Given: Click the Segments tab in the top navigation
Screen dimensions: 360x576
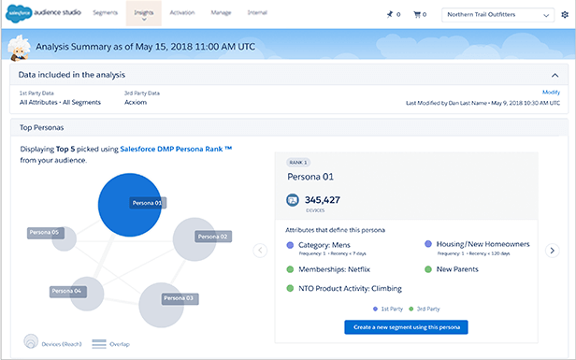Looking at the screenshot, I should click(x=106, y=13).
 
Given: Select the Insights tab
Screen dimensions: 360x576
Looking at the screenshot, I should click(x=144, y=13).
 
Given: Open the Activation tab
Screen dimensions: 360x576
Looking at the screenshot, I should click(x=182, y=13).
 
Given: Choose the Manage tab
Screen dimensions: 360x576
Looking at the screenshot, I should click(x=221, y=13).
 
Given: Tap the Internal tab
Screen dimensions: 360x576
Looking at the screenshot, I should click(x=257, y=13).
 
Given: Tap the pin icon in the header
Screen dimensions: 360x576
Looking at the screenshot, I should click(x=389, y=15).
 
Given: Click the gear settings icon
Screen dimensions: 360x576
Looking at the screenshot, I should click(x=565, y=15).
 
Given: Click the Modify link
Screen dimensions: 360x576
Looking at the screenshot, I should click(x=550, y=92).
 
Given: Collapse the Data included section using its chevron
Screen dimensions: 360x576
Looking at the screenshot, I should click(x=554, y=75).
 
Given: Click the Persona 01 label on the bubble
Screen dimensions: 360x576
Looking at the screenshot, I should click(x=146, y=202).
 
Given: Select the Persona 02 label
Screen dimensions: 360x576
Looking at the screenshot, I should click(x=212, y=237).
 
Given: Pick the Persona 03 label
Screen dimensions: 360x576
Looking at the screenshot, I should click(x=177, y=298).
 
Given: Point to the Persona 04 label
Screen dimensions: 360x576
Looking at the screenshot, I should click(x=65, y=292).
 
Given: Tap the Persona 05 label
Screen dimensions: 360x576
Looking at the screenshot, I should click(x=44, y=232).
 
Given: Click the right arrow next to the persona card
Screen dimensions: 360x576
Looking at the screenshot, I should click(x=553, y=250).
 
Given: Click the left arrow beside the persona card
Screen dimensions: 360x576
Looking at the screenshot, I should click(x=260, y=250).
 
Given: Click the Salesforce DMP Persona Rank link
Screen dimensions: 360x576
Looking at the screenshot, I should click(x=176, y=149).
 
